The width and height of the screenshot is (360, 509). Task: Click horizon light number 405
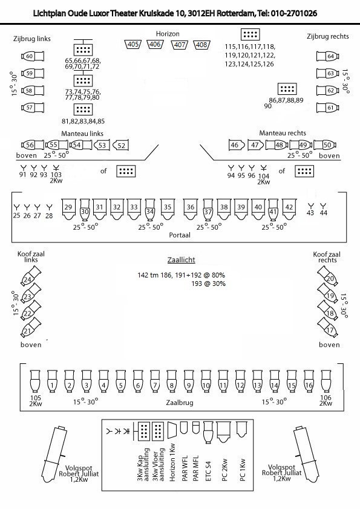point(133,44)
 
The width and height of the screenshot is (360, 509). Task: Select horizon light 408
point(201,45)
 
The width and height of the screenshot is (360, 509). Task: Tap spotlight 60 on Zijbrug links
point(33,56)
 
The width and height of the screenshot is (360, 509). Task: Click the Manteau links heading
point(82,134)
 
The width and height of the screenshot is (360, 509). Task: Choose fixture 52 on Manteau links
point(120,146)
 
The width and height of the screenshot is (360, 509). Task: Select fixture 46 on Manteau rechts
point(236,145)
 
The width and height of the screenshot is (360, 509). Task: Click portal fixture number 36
point(191,209)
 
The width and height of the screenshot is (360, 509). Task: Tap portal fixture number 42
point(289,209)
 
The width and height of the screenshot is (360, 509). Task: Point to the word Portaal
point(180,235)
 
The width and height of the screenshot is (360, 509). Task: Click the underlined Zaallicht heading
point(182,260)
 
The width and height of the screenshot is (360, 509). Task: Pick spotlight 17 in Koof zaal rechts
point(328,328)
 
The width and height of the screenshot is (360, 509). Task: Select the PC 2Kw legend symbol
point(224,432)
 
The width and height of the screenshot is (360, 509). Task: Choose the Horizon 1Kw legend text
point(172,462)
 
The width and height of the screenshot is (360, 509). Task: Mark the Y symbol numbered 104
point(264,168)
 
